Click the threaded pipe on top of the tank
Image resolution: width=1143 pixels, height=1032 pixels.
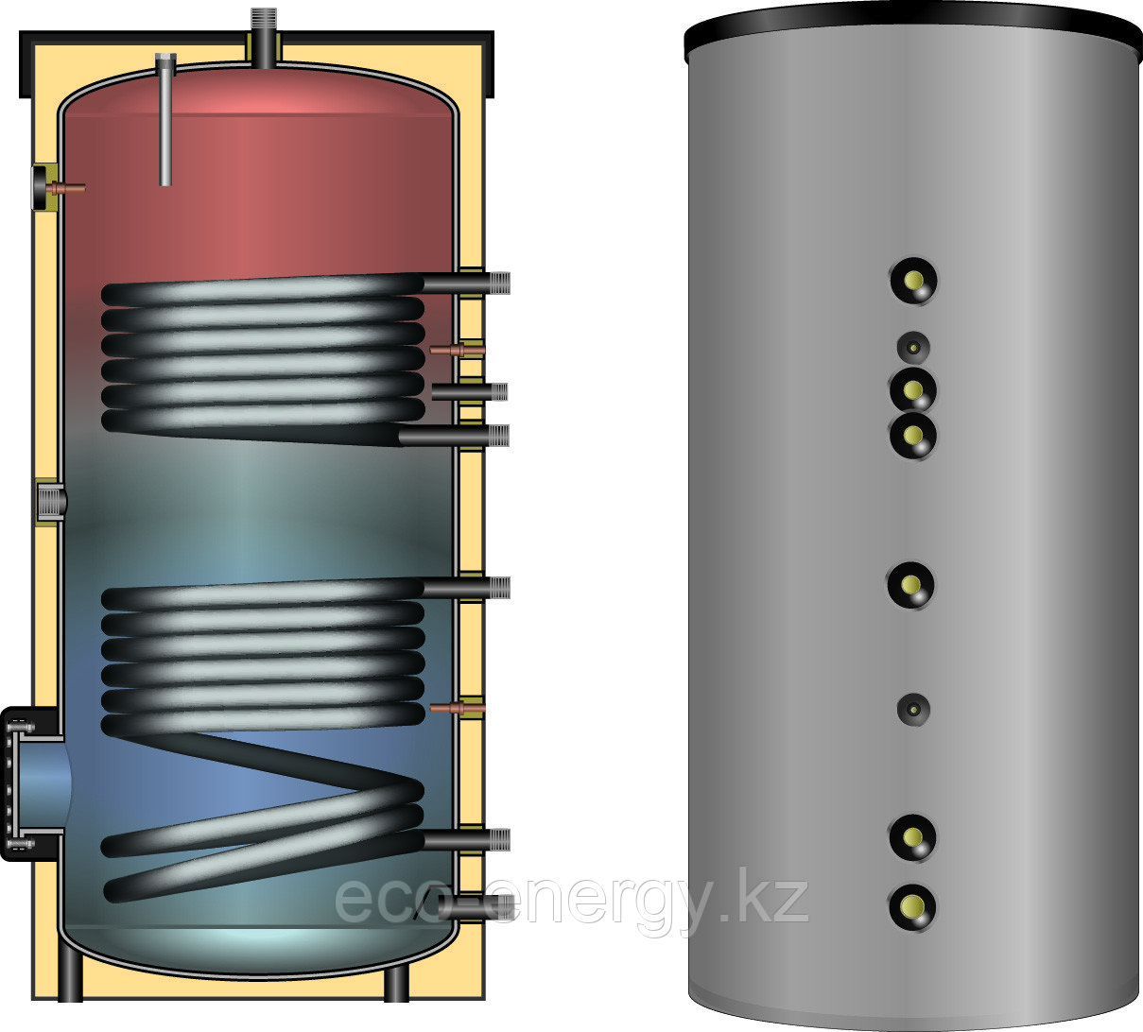(263, 37)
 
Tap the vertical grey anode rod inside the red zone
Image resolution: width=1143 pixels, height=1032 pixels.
(165, 120)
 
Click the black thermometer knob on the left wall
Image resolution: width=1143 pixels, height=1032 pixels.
(40, 187)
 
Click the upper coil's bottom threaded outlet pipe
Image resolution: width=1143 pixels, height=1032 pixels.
(454, 437)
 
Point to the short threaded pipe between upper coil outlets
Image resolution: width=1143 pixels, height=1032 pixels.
(470, 392)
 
